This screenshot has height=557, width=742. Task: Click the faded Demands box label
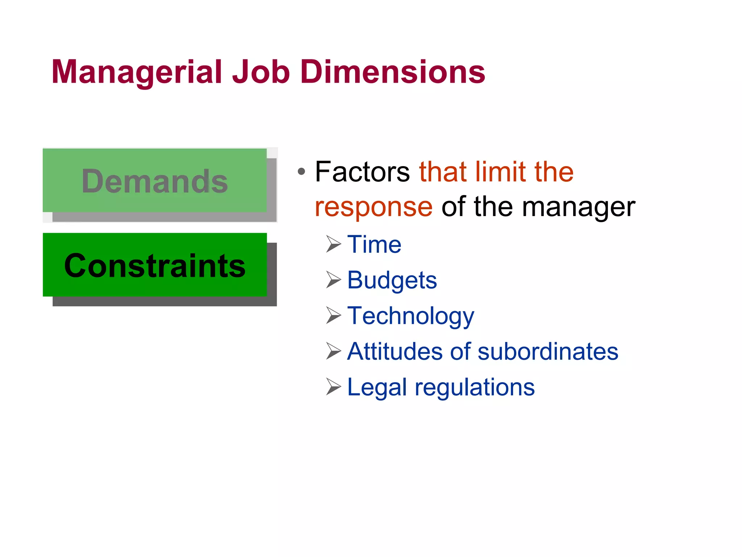tap(155, 181)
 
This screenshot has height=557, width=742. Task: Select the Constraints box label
tap(155, 266)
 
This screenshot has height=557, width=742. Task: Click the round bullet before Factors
tap(301, 172)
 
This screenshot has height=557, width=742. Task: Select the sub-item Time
tap(374, 244)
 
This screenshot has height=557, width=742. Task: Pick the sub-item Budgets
tap(392, 280)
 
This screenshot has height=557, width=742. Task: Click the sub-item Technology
tap(410, 316)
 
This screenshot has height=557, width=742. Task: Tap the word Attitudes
tap(395, 351)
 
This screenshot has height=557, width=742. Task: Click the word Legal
tap(377, 387)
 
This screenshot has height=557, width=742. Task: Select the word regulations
tap(475, 387)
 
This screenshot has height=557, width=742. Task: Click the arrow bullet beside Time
tap(333, 244)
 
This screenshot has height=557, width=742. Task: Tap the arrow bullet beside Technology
tap(333, 315)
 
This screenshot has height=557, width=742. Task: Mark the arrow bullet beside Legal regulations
tap(333, 387)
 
